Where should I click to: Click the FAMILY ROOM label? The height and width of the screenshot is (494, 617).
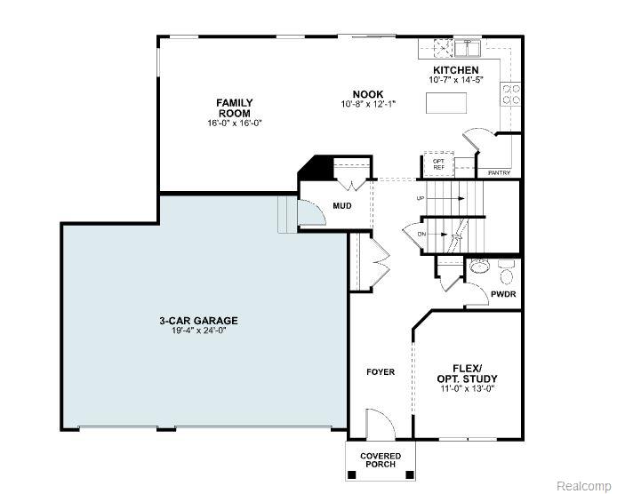pos(235,108)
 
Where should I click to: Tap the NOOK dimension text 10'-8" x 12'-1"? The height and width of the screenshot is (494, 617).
pos(368,104)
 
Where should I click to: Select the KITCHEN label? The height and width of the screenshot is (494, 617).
pos(456,70)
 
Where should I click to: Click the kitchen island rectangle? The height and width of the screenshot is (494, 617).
pos(446,103)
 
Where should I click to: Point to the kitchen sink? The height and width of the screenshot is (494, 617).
pos(468,48)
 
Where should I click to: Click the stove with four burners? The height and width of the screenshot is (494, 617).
pos(510,94)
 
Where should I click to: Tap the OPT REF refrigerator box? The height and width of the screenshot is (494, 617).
pos(439,164)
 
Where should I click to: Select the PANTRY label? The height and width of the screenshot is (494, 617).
pos(499,172)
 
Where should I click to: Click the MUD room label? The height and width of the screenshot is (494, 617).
pos(342,206)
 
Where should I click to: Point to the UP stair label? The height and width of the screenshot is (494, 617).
pos(421,198)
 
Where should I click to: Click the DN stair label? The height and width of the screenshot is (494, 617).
pos(421,235)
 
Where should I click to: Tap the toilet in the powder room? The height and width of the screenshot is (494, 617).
pos(507,272)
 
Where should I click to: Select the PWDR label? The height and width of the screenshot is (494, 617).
pos(503,294)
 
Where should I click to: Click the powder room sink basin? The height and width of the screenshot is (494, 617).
pos(479,267)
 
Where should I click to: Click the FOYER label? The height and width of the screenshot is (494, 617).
pos(381,371)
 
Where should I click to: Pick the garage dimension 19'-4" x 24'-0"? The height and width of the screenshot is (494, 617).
pos(198,331)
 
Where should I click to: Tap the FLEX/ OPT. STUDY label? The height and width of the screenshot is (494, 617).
pos(467,374)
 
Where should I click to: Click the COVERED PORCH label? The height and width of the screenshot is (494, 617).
pos(381,460)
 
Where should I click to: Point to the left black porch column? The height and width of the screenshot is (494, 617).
pos(352,474)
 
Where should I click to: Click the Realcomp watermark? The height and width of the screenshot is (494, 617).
pos(584,485)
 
